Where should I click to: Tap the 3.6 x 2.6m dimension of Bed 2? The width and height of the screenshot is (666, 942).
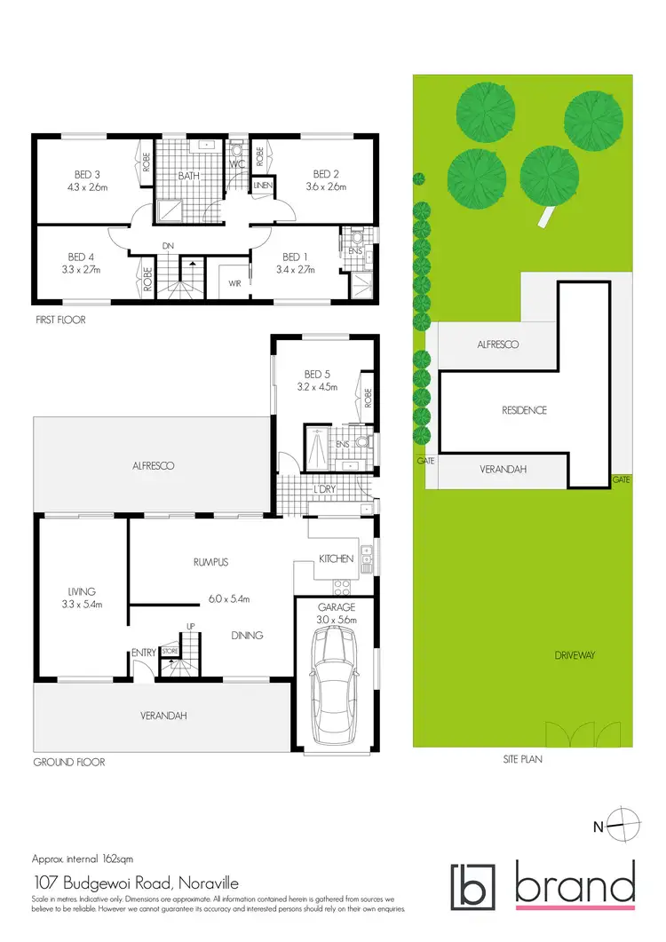(326, 187)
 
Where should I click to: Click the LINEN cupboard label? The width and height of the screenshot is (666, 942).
(263, 186)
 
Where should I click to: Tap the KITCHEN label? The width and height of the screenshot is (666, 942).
(337, 558)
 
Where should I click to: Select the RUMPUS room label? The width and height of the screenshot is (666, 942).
(211, 561)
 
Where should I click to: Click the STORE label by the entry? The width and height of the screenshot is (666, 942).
(170, 651)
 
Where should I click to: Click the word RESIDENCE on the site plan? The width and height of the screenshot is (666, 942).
(524, 410)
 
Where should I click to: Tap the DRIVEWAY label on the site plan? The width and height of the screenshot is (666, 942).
(575, 654)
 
